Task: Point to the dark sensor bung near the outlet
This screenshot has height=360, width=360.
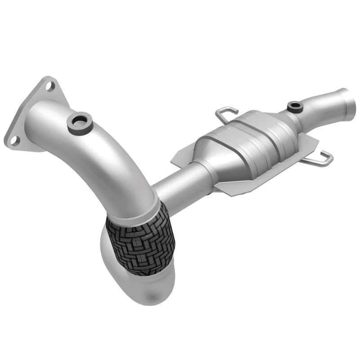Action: (x=295, y=106)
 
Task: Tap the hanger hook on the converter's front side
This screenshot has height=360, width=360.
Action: (x=320, y=157)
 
